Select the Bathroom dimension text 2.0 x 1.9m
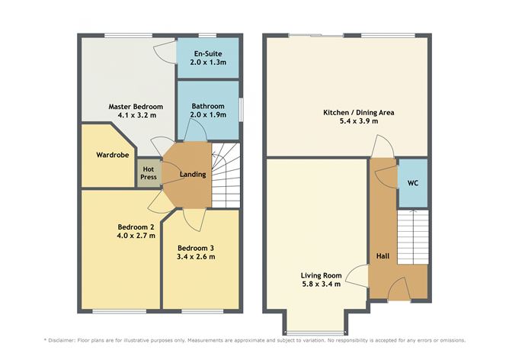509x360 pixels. click(x=208, y=115)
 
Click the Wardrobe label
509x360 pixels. click(x=110, y=155)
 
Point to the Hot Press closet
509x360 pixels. click(x=149, y=172)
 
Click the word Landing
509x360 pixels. click(x=193, y=175)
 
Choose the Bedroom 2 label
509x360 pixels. click(x=136, y=226)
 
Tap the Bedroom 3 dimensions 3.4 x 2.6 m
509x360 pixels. click(x=196, y=256)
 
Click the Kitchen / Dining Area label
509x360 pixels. click(x=358, y=112)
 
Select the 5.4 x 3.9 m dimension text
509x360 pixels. click(x=358, y=121)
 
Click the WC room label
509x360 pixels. click(x=412, y=183)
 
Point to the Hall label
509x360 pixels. click(x=383, y=256)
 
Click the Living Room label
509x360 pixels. click(x=320, y=275)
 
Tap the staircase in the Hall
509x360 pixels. click(x=411, y=236)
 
